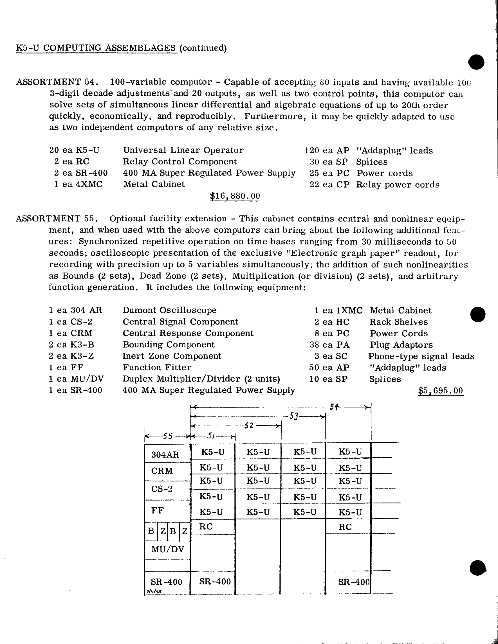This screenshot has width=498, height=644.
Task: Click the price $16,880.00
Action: [235, 196]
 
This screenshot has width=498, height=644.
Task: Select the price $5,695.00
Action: [441, 391]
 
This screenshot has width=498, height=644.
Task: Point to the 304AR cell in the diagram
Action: [165, 454]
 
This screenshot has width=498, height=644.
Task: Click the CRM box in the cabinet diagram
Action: [162, 470]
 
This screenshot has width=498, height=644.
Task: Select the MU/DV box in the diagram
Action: [168, 549]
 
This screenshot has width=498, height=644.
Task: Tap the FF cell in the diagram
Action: [158, 510]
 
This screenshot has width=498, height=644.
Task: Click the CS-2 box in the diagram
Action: [162, 489]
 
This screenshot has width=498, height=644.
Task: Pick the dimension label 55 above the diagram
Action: [168, 436]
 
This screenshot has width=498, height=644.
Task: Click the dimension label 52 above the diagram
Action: [249, 425]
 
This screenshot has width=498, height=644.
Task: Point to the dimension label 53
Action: [293, 416]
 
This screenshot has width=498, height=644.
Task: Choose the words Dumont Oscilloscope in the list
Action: [169, 310]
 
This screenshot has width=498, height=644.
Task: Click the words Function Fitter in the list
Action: [157, 367]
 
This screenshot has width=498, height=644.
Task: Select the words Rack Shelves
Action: [398, 322]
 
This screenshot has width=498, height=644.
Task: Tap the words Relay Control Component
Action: [180, 162]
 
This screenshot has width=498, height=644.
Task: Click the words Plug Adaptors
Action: [401, 345]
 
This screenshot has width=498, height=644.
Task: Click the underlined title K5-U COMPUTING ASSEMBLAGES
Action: [96, 48]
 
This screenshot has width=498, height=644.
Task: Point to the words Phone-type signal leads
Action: [421, 356]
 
